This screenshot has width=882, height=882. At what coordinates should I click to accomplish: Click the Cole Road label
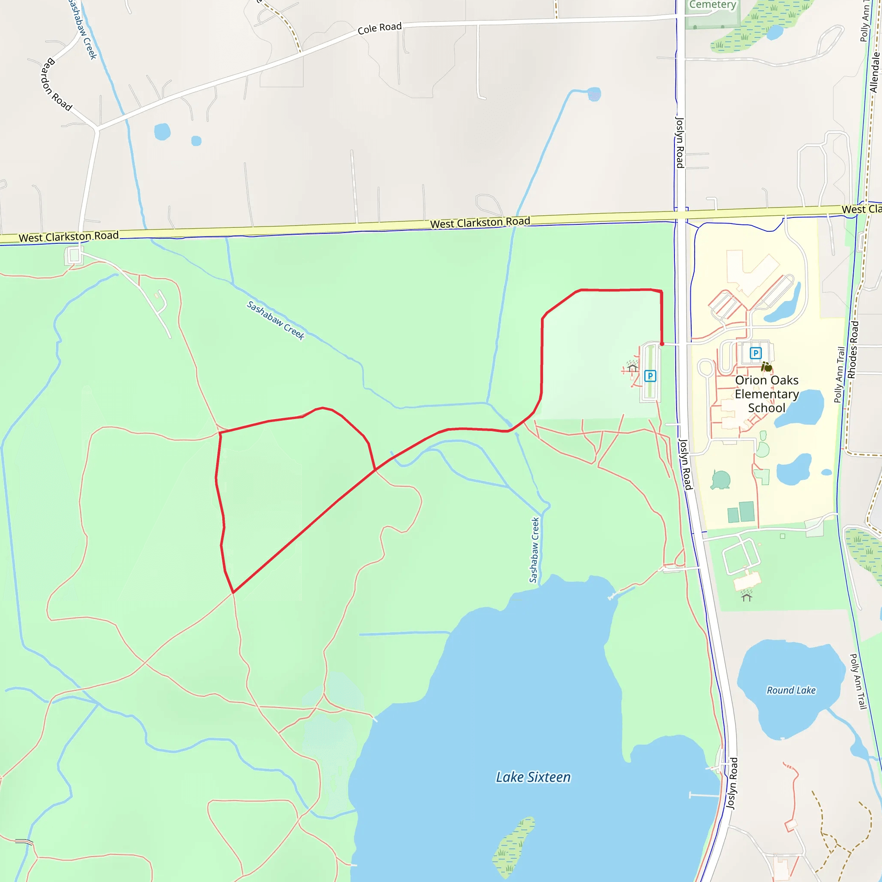click(379, 28)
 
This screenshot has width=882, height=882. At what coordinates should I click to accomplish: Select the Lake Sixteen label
click(533, 777)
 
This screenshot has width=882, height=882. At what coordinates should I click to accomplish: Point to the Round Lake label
click(791, 690)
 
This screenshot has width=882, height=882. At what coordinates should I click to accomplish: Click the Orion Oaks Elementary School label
click(767, 394)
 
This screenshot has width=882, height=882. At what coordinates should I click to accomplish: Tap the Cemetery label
click(712, 5)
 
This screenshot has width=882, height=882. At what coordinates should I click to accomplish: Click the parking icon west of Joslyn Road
click(650, 376)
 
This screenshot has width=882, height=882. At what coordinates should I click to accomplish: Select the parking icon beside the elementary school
click(755, 353)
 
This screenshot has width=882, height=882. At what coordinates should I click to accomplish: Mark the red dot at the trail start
click(662, 344)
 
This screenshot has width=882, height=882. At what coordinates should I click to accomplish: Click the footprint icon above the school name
click(767, 367)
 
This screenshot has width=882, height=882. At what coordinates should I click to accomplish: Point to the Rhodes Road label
click(853, 350)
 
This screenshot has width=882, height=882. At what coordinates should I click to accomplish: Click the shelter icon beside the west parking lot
click(632, 367)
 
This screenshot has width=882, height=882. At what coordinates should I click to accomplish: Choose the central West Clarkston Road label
click(480, 222)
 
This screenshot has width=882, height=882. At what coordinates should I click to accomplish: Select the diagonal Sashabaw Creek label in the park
click(275, 320)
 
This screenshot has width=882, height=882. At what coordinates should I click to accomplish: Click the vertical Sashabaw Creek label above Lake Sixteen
click(534, 550)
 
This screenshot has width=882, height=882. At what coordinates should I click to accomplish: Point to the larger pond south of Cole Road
click(162, 132)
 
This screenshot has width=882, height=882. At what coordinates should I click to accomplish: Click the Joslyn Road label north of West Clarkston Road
click(680, 143)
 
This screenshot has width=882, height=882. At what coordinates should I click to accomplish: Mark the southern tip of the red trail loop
click(233, 593)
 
